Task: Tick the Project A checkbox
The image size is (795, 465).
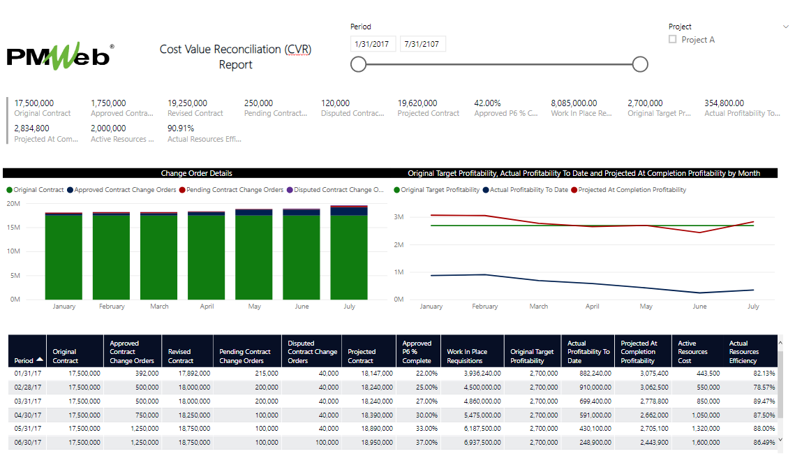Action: pos(673,40)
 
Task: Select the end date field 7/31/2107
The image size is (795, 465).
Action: pos(422,44)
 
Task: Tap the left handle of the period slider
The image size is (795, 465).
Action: pos(358,64)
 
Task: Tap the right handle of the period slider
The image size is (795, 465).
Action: pos(640,64)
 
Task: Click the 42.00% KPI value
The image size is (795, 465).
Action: pos(487,103)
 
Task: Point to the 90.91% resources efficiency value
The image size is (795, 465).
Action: pos(181,128)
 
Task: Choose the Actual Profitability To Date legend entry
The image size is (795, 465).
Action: pos(528,190)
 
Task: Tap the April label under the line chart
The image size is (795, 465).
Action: pos(592,307)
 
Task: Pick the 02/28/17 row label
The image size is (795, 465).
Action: pos(28,387)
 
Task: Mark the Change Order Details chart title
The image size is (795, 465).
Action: pos(196,173)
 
